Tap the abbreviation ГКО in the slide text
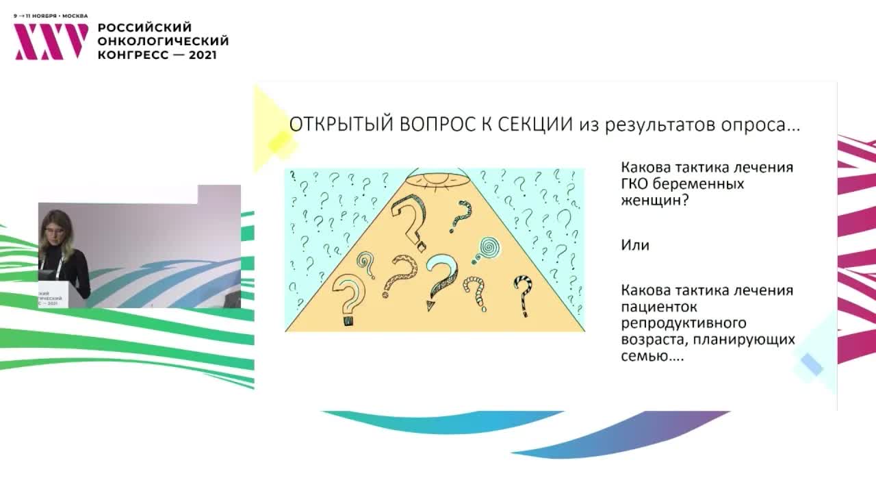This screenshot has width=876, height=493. point(636,185)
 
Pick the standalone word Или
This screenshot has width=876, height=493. point(634,245)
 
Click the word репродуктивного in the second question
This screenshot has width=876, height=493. point(683,323)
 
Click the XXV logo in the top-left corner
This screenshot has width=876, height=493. point(51,42)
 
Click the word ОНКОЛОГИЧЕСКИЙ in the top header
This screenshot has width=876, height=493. point(163,41)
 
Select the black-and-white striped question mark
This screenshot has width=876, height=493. point(523,294)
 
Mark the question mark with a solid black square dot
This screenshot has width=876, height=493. point(347,298)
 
